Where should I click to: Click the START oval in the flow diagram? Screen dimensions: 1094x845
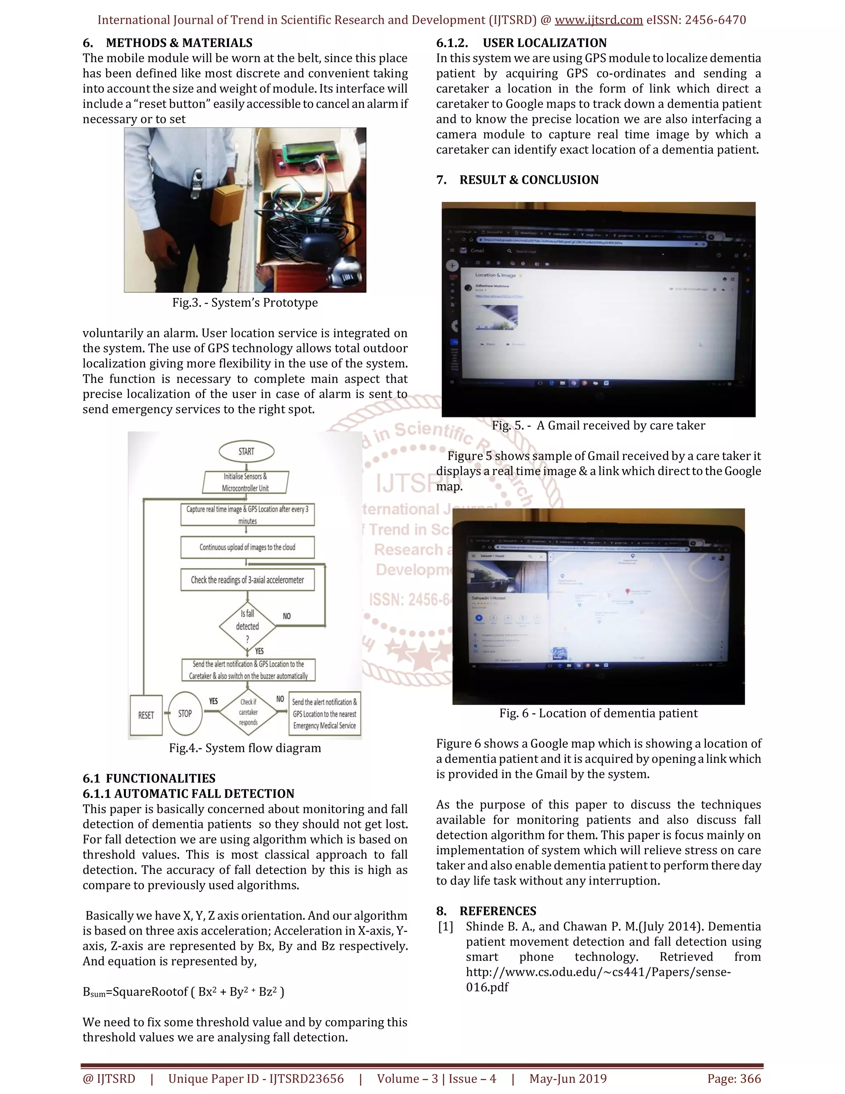(246, 451)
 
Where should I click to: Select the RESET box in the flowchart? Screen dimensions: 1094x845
(146, 715)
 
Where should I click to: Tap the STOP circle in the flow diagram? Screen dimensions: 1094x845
(185, 713)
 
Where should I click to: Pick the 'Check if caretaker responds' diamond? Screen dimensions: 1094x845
(248, 712)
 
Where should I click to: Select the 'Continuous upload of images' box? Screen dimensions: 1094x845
(247, 547)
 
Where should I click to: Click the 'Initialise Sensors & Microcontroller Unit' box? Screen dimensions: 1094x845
(245, 482)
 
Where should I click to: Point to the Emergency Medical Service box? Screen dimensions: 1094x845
(324, 714)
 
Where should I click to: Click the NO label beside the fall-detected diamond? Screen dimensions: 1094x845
(286, 616)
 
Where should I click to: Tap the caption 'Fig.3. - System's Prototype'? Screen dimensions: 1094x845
(245, 303)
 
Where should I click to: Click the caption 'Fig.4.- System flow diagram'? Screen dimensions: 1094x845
(245, 748)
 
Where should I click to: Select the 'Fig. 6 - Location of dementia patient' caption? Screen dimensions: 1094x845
(598, 713)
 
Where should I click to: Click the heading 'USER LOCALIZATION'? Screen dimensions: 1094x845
(544, 43)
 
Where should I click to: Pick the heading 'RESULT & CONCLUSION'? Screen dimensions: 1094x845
(529, 180)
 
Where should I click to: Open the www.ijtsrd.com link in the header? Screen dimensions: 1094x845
(598, 20)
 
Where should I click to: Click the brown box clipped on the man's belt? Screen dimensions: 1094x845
(227, 205)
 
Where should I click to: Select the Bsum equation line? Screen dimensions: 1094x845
(183, 992)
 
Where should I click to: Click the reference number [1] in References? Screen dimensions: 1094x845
(446, 927)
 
